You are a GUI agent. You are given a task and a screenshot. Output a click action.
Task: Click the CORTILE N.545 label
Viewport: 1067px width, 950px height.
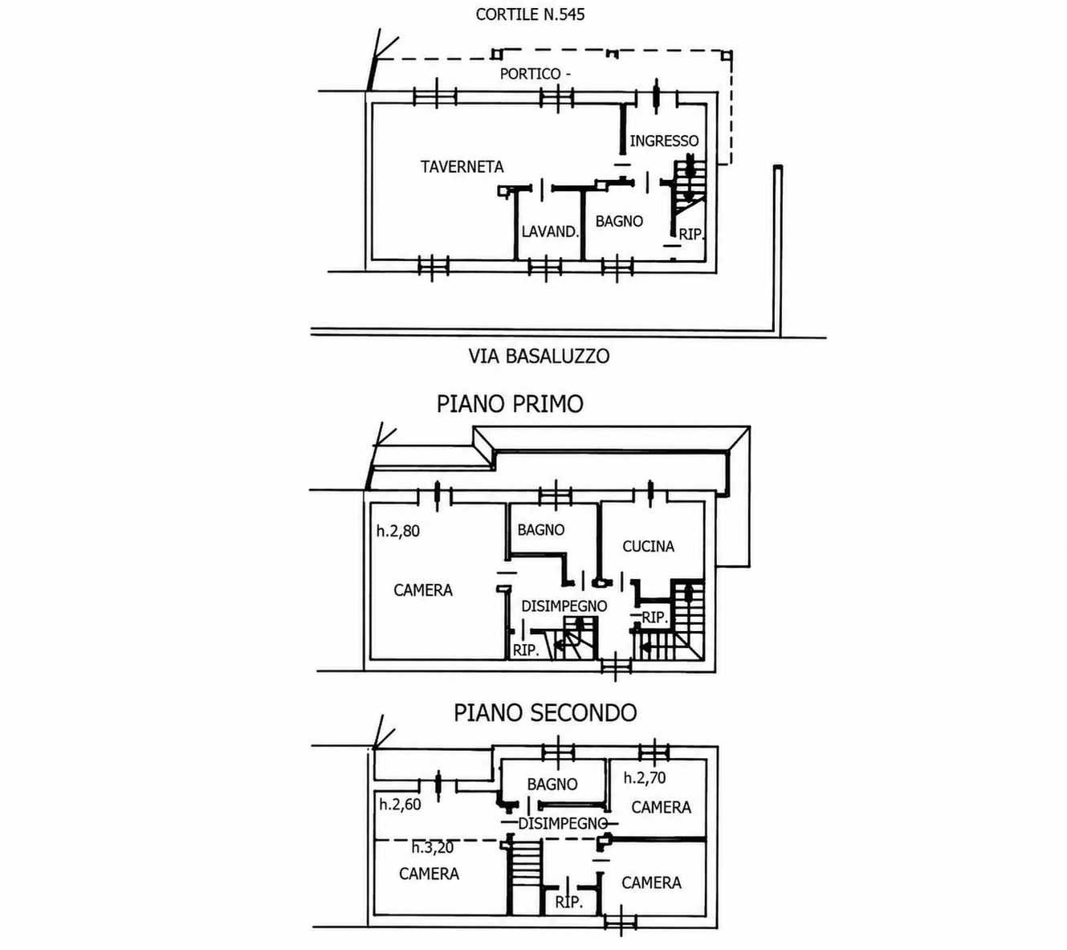530,14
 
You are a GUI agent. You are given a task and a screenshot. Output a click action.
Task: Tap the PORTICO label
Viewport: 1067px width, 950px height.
530,74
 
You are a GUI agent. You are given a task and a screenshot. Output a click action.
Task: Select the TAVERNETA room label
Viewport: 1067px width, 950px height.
462,166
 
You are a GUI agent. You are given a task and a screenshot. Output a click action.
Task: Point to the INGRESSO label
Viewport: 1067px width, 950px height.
664,141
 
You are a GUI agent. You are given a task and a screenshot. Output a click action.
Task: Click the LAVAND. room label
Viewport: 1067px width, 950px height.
550,231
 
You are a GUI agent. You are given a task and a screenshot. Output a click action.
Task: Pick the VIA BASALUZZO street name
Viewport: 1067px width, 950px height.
539,357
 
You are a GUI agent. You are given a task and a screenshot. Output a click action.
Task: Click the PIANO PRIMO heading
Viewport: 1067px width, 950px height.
510,404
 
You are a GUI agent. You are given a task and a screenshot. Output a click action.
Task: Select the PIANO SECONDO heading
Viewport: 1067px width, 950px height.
545,713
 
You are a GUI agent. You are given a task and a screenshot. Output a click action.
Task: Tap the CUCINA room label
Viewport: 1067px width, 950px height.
648,546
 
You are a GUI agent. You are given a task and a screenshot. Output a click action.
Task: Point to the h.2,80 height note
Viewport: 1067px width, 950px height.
398,531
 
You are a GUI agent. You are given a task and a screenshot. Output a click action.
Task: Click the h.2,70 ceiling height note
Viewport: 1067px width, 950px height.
644,777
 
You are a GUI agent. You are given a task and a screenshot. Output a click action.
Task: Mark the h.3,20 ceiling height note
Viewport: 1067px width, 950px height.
432,848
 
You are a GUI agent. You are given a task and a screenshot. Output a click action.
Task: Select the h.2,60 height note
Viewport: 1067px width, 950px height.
400,805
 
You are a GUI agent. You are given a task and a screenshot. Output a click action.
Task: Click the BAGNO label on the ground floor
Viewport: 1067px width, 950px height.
619,221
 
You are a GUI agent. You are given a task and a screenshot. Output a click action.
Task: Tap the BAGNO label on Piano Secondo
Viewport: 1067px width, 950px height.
552,784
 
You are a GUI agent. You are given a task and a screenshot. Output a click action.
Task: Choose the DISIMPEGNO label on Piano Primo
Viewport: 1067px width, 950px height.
564,606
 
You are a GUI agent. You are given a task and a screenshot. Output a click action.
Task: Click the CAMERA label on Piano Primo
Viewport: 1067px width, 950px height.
423,590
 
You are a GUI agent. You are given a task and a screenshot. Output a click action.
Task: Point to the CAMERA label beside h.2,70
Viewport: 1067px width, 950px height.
661,807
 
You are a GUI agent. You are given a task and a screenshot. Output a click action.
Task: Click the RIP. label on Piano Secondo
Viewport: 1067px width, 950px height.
568,903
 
